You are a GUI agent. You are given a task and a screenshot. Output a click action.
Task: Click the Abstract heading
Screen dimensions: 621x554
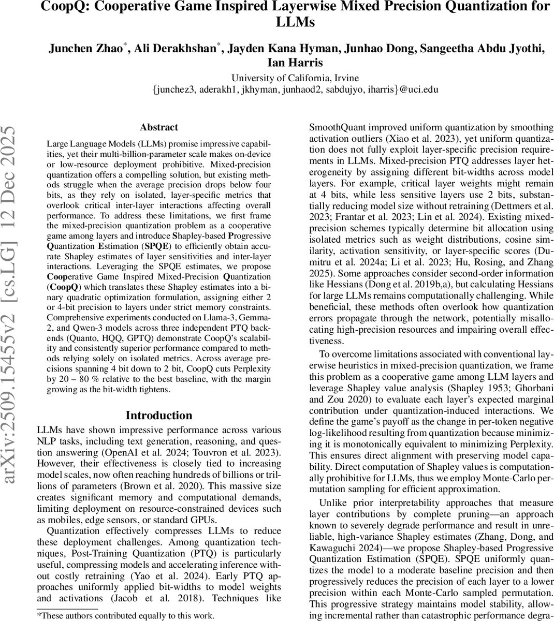point(158,127)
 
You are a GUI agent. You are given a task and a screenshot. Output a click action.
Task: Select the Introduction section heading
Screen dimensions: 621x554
point(158,415)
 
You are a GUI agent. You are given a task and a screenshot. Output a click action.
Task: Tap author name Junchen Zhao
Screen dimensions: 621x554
point(86,49)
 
